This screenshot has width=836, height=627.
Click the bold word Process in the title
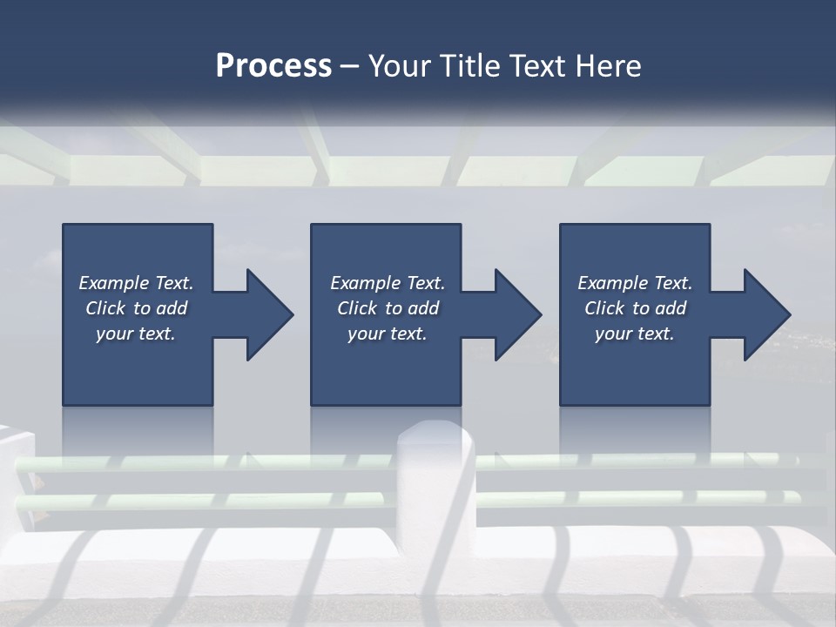(273, 66)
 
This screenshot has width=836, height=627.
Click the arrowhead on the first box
(266, 314)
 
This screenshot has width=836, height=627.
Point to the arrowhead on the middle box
(516, 314)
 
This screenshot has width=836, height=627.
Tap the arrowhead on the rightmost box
(765, 314)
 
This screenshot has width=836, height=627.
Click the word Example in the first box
(114, 283)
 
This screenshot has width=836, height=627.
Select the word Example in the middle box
(366, 283)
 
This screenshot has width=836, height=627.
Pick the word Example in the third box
(613, 283)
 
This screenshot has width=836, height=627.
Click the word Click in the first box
(105, 308)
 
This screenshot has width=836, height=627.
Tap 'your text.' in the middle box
(387, 334)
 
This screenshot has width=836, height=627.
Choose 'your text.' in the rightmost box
(634, 334)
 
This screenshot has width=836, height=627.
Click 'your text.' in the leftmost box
(136, 334)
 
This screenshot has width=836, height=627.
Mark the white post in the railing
(435, 488)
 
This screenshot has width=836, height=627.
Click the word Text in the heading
(536, 66)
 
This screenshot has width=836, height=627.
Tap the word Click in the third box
(604, 308)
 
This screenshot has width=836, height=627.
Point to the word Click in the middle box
(357, 308)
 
